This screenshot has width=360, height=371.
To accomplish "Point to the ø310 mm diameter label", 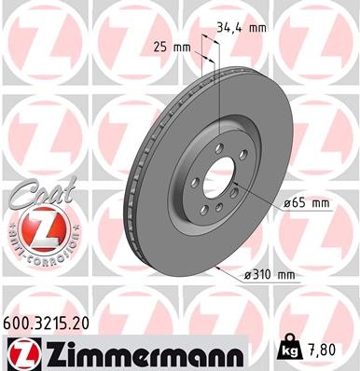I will pos(266,274).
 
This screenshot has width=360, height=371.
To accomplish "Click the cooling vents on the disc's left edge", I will pos(131,186).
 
